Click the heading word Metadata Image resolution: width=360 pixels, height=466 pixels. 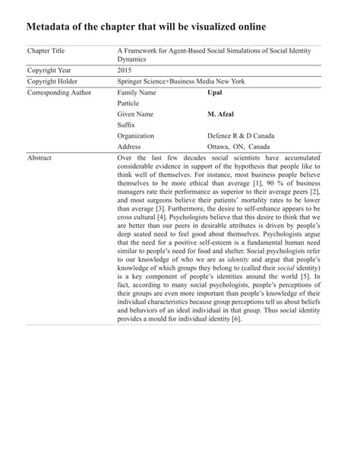tap(52, 28)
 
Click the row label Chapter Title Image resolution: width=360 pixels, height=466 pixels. tap(49, 50)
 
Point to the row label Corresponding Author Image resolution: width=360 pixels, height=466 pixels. tap(58, 92)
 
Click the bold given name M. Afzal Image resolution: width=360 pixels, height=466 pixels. tap(223, 113)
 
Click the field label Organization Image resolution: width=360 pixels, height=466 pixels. tap(136, 135)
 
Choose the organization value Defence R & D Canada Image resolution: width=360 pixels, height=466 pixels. tap(241, 135)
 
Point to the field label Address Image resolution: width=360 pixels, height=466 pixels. tap(131, 146)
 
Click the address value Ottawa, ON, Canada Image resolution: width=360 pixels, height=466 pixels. tap(238, 146)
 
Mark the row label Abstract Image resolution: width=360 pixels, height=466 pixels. tap(42, 158)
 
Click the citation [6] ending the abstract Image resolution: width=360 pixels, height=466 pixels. tap(236, 319)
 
